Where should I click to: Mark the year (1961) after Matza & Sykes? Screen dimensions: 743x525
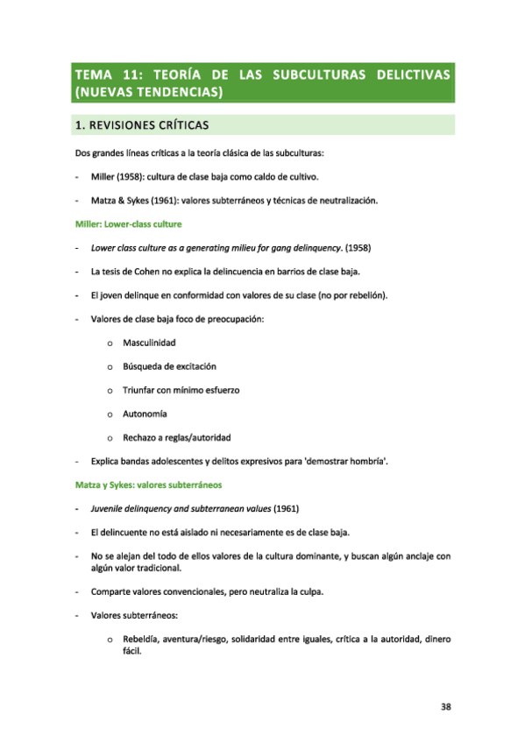tap(176, 201)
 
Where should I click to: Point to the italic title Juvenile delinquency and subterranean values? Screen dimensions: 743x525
tap(181, 508)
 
